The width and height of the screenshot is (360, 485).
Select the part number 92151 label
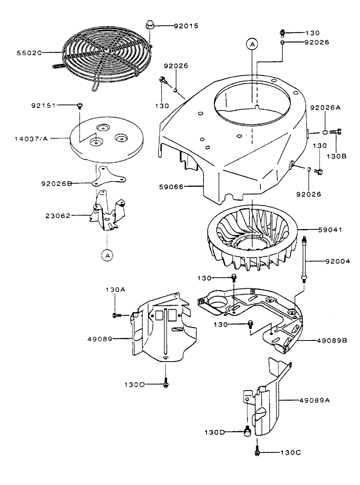click(43, 105)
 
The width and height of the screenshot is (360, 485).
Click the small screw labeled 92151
click(80, 106)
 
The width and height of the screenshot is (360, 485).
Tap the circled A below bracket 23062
click(107, 254)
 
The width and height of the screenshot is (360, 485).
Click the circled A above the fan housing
click(252, 45)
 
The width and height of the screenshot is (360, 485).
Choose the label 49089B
click(333, 340)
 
